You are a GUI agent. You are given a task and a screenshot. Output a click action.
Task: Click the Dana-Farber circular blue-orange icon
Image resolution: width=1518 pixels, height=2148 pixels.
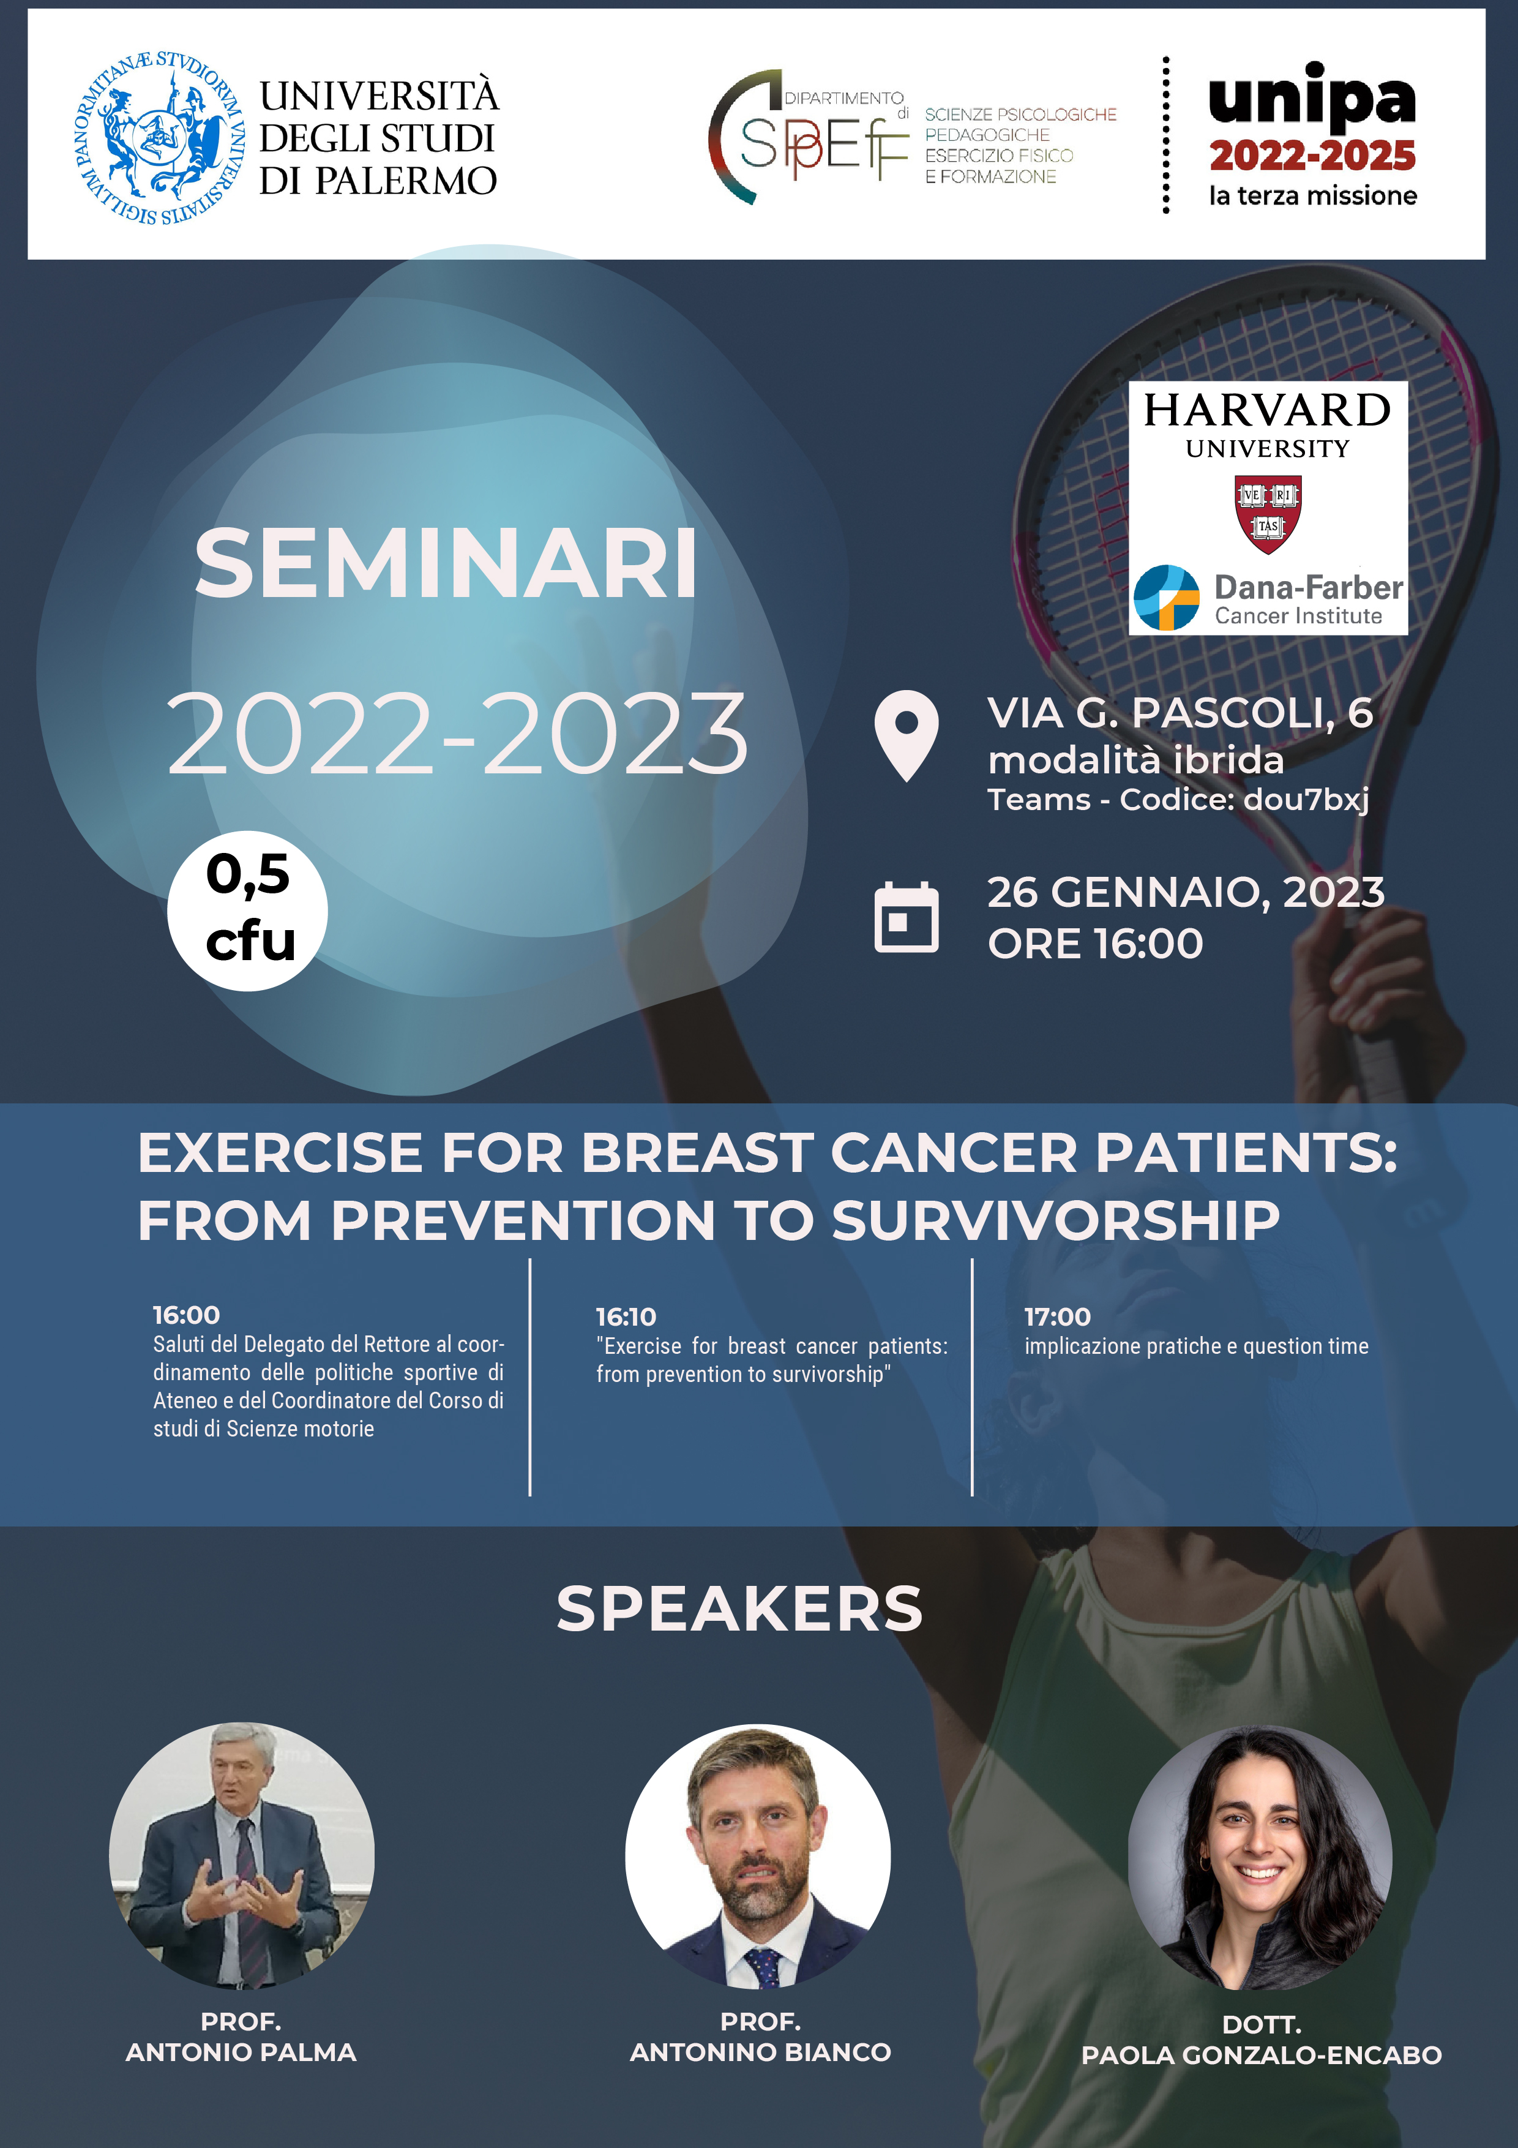click(x=1165, y=597)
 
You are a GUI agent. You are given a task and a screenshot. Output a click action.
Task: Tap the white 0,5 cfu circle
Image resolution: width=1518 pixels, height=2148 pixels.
click(x=248, y=911)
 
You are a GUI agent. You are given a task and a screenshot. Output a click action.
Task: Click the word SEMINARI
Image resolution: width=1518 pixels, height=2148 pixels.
click(x=445, y=563)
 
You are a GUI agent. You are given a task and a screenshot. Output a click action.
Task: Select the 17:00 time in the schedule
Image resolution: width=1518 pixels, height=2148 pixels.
click(x=1057, y=1316)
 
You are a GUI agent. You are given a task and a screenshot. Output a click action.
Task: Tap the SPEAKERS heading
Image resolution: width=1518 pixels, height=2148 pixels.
click(x=739, y=1609)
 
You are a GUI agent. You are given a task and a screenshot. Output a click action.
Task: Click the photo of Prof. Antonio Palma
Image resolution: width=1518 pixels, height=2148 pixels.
click(x=241, y=1855)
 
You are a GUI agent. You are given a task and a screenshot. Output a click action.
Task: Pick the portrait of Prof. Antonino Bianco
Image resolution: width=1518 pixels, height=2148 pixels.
click(x=758, y=1856)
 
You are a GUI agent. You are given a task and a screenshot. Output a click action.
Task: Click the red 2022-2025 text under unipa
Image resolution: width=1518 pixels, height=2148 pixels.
click(x=1312, y=156)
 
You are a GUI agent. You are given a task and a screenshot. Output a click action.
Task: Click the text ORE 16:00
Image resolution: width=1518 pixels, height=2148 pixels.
click(x=1095, y=943)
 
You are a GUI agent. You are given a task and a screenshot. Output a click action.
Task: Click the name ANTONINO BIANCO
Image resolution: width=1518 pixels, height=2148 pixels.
click(x=760, y=2052)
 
